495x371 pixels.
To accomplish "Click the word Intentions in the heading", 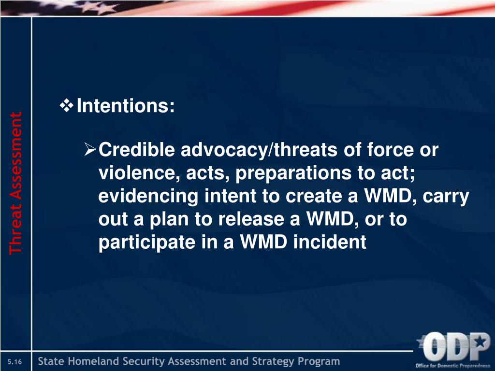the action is pos(123,105).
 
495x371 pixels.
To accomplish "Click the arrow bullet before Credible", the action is pos(90,149).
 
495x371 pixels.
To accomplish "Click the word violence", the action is pos(139,173).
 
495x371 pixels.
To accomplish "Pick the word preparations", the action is pos(293,173).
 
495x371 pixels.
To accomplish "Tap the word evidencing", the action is pos(148,196).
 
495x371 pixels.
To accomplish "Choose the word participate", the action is pos(147,243).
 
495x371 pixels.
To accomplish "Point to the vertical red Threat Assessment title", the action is pos(15,183).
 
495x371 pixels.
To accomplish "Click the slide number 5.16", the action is pos(15,361).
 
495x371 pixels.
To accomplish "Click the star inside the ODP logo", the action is pos(481,341).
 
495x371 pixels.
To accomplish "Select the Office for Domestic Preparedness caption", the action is pos(452,366).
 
